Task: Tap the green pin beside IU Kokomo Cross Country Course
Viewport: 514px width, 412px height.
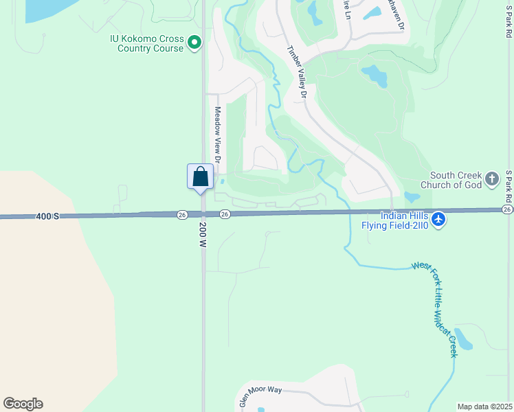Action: coord(194,43)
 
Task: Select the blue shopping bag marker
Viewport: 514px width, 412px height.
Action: coord(201,176)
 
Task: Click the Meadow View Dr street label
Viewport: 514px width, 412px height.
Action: coord(217,134)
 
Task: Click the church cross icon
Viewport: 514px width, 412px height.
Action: coord(491,179)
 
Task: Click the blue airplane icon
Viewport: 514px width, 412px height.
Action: coord(439,220)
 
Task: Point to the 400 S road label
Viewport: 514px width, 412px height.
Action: coord(47,216)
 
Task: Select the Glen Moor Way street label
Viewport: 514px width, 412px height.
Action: coord(261,395)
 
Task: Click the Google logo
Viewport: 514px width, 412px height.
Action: coord(23,404)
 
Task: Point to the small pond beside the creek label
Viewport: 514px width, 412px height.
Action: coord(463,339)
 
